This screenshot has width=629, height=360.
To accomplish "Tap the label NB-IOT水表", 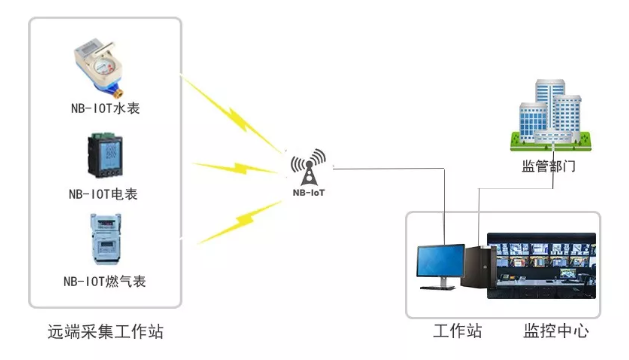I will [105, 108].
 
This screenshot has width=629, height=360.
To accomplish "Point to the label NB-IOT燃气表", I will [105, 282].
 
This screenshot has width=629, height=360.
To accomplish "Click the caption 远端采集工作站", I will [106, 331].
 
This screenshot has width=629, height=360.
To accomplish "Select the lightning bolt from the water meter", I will [234, 115].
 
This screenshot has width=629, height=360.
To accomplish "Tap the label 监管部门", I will [548, 166].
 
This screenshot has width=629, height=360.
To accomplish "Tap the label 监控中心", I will [556, 331].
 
